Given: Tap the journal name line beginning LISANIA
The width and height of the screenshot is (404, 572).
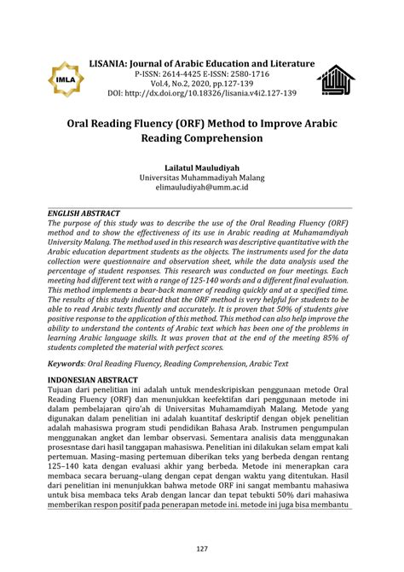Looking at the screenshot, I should tap(202, 64).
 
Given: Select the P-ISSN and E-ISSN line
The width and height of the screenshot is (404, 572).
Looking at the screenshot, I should tap(202, 74).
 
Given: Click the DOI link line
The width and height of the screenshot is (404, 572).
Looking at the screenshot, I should tap(202, 94).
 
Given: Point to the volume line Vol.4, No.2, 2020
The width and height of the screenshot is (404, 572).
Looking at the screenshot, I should tap(202, 85).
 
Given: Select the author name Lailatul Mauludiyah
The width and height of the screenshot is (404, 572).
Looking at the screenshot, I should tap(202, 166).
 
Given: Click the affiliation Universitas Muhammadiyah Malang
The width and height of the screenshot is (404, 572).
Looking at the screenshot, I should tap(202, 178).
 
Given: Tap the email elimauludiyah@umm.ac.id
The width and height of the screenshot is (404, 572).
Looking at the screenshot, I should tap(202, 188).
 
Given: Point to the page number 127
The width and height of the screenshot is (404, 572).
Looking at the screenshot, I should tap(202, 548).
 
